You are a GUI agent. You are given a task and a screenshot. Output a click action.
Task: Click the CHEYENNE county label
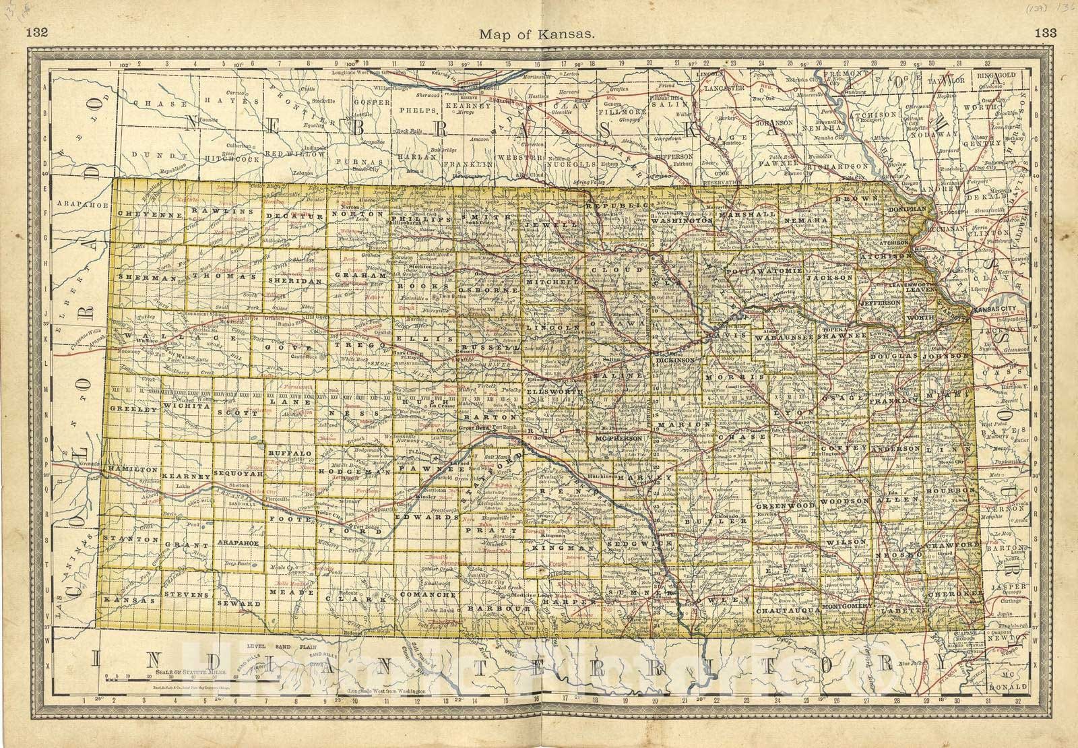140,214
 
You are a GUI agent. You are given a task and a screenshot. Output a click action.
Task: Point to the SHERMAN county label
137,277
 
